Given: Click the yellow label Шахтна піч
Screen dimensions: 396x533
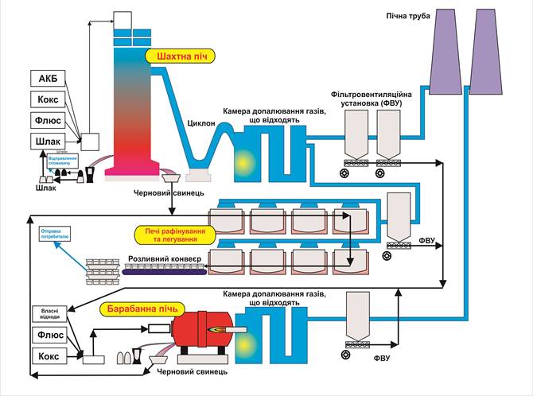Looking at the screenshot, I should click(x=180, y=56).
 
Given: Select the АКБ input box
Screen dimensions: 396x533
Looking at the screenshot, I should click(x=47, y=78).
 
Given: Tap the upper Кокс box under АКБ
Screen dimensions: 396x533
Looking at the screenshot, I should click(x=47, y=99).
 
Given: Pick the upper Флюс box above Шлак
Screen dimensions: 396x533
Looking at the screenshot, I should click(x=47, y=121).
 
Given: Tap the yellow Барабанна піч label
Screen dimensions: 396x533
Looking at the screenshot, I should click(x=142, y=308).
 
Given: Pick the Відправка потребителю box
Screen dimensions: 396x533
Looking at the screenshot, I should click(x=56, y=235).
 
